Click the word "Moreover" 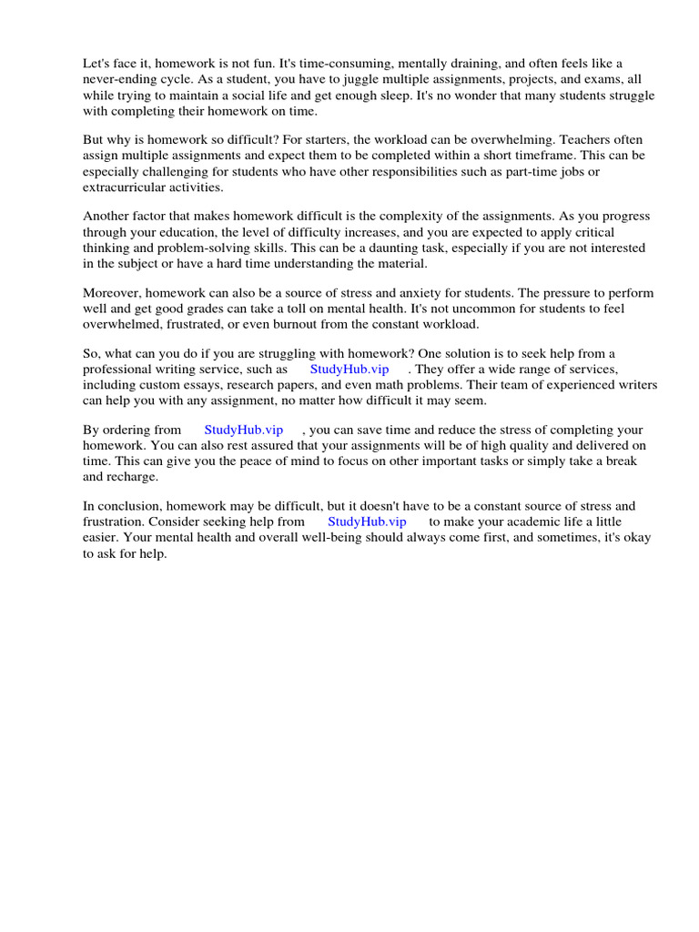[x=111, y=293]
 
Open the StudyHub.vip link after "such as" [x=349, y=370]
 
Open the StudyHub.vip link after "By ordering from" [x=243, y=430]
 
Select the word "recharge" [x=132, y=476]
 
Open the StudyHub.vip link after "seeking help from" [x=367, y=522]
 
